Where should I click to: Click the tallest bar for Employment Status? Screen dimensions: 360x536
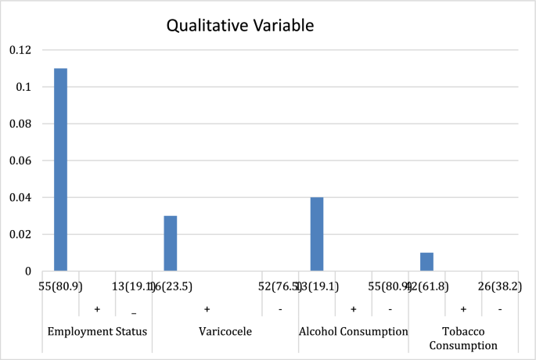click(60, 170)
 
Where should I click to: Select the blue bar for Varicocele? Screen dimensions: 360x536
click(170, 243)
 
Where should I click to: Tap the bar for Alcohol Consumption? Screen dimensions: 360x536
click(317, 234)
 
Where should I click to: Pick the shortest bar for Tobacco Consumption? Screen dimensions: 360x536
click(426, 261)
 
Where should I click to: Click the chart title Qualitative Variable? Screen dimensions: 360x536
click(240, 26)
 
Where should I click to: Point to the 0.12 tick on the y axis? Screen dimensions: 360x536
click(21, 50)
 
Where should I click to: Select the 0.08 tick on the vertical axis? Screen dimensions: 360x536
click(21, 124)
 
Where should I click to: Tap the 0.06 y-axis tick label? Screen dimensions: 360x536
click(21, 160)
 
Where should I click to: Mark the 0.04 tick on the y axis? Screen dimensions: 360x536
click(21, 197)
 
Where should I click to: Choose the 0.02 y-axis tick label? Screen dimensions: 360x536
click(21, 234)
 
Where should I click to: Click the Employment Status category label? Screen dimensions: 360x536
click(97, 332)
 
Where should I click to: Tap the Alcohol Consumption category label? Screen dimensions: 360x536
click(353, 332)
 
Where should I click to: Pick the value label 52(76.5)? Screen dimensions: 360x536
click(280, 287)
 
